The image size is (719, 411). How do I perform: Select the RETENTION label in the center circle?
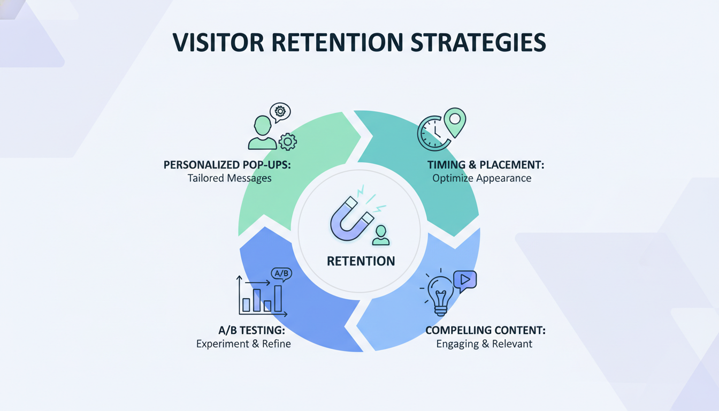[x=361, y=261]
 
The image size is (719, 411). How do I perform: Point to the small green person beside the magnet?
[x=381, y=235]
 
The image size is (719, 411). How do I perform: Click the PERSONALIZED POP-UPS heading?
[x=227, y=165]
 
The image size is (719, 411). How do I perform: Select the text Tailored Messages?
[x=230, y=178]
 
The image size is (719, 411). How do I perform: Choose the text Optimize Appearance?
[x=482, y=178]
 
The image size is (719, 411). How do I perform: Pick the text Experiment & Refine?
[x=243, y=344]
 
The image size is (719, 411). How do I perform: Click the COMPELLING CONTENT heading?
[x=485, y=330]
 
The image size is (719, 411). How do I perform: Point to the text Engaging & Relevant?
[x=484, y=344]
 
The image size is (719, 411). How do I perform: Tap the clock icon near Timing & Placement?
[x=432, y=133]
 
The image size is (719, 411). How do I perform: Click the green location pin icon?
[x=455, y=121]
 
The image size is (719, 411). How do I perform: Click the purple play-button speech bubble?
[x=464, y=281]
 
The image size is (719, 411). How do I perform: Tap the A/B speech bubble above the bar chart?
[x=281, y=273]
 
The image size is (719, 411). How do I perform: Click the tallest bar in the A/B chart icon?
[x=278, y=298]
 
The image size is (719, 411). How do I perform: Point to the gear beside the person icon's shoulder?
[x=288, y=141]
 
